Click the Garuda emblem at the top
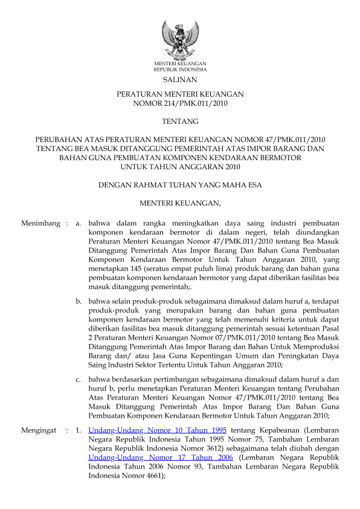179,39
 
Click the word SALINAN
180,80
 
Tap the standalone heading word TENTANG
180,122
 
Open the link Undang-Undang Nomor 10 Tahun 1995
157,430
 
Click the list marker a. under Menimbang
79,224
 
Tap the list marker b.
79,300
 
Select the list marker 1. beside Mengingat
78,430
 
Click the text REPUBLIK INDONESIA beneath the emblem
180,70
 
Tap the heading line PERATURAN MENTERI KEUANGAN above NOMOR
180,95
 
